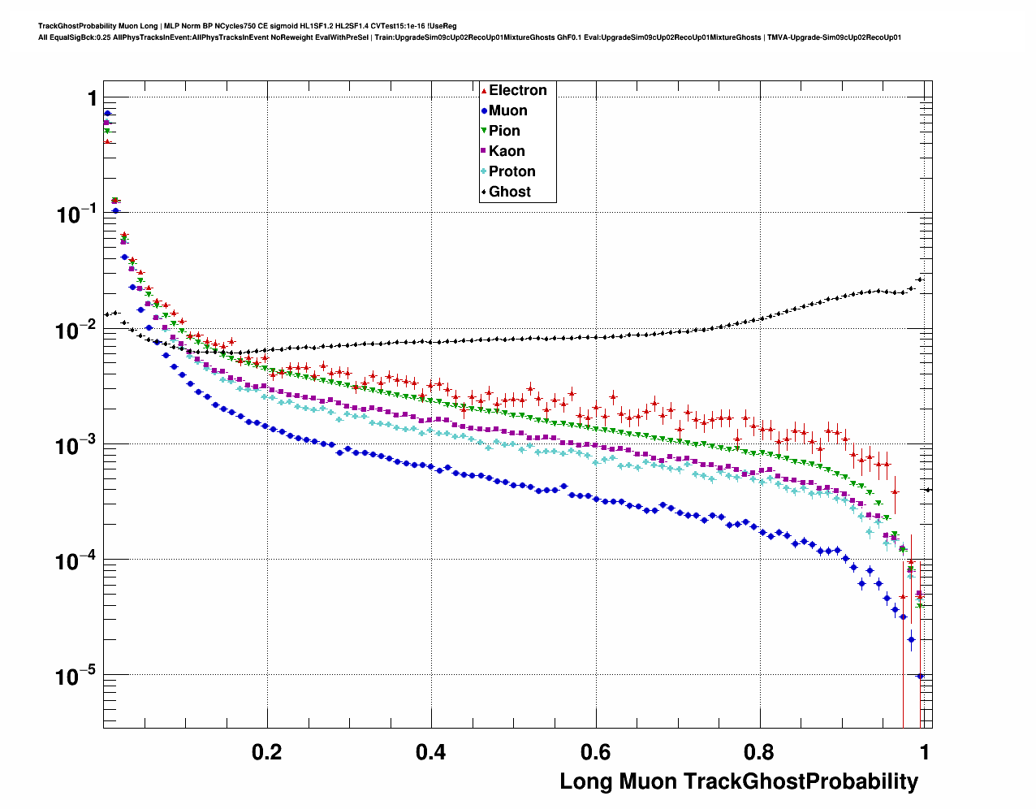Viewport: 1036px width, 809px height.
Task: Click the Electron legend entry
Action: coord(517,90)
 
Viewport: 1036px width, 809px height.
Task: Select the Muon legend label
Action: coord(507,110)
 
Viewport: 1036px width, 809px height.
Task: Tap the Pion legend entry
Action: coord(504,131)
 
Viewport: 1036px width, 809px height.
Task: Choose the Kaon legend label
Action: coord(507,151)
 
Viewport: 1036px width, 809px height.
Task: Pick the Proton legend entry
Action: coord(512,171)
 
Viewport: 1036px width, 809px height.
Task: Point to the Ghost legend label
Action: coord(509,192)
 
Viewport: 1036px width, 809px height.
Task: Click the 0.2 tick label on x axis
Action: coord(267,752)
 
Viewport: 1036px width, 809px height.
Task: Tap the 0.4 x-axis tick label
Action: coord(431,752)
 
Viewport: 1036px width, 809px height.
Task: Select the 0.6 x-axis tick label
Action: coord(595,752)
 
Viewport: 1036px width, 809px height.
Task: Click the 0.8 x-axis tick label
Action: coord(760,752)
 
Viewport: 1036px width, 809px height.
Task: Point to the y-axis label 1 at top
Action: coord(92,99)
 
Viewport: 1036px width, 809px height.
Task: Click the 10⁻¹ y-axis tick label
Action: coord(76,214)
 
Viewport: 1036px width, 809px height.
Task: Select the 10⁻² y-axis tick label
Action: coord(76,331)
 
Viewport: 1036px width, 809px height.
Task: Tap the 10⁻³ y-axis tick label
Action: coord(76,446)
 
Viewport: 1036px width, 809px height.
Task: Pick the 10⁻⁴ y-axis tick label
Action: coord(76,561)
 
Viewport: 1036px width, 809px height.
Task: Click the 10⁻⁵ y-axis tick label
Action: coord(76,677)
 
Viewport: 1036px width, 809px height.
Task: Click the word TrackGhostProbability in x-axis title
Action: coord(801,782)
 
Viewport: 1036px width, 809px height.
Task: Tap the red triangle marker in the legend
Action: coord(484,91)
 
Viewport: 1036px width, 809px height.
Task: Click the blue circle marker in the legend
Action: coord(484,111)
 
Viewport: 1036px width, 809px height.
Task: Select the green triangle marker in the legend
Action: coord(484,132)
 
